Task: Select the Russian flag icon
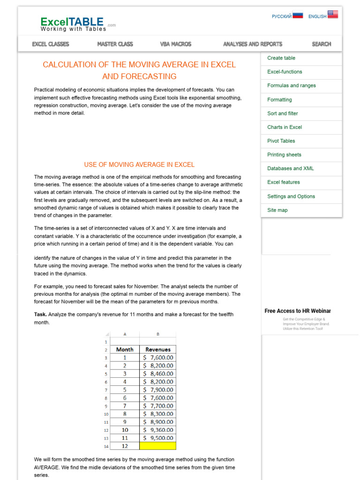[x=298, y=15]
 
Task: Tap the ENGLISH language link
[x=317, y=16]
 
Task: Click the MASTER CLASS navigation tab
[x=115, y=44]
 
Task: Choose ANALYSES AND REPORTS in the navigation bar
[x=253, y=44]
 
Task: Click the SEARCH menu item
[x=321, y=44]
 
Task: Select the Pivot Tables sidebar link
[x=281, y=141]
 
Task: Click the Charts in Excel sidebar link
[x=284, y=127]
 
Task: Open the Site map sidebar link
[x=277, y=210]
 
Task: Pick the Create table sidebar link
[x=281, y=58]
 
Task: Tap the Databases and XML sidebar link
[x=290, y=168]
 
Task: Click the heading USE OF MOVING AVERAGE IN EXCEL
[x=139, y=165]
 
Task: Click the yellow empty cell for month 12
[x=157, y=446]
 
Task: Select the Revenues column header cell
[x=157, y=349]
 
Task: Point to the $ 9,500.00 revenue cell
[x=157, y=438]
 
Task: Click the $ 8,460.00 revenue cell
[x=157, y=374]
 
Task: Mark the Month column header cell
[x=125, y=349]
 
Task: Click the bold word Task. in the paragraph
[x=40, y=314]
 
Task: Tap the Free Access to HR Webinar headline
[x=297, y=311]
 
